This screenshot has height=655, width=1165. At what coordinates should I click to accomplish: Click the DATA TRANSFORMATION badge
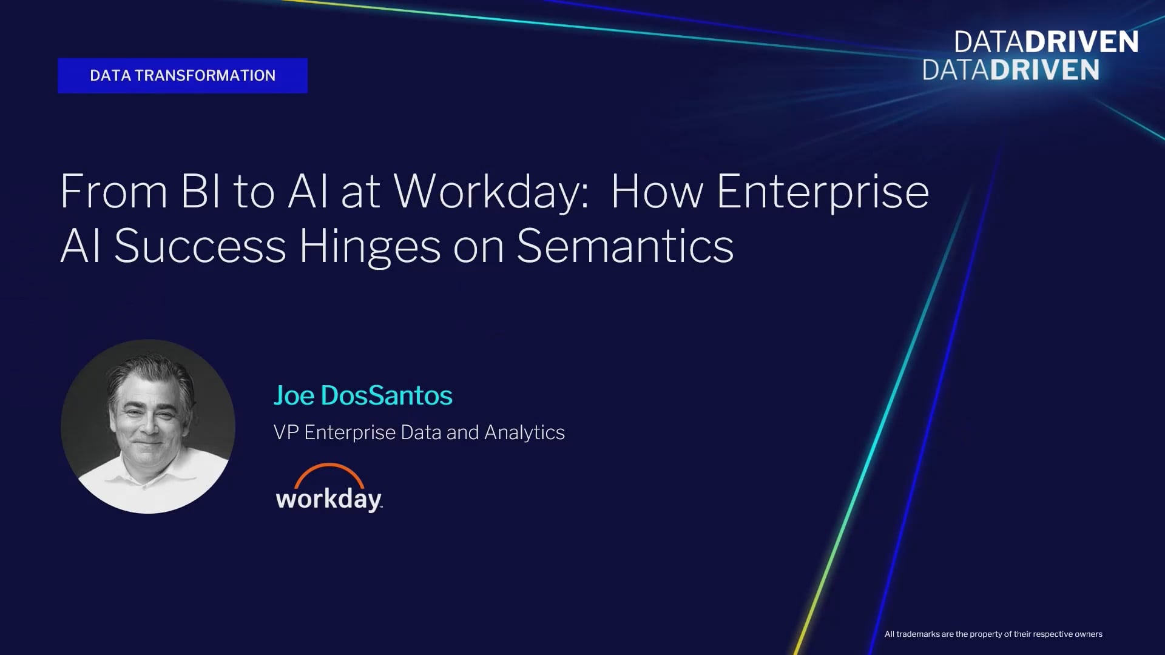pos(183,76)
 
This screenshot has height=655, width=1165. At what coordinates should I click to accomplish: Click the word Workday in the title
pos(491,192)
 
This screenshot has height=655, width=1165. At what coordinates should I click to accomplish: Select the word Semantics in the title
pos(625,246)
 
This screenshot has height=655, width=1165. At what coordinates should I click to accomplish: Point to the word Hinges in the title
pos(370,247)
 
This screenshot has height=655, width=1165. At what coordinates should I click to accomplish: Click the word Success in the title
pos(200,246)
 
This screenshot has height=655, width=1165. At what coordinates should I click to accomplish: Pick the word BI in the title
pos(201,192)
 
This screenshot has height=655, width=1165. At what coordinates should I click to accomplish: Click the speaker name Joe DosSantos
pos(363,395)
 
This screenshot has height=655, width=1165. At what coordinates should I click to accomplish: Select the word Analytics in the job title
pos(524,433)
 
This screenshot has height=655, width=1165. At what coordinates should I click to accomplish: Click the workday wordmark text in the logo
pos(329,499)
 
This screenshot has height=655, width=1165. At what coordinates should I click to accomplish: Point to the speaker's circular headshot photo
pos(148,426)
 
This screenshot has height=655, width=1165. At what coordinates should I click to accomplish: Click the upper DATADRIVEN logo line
pos(1046,42)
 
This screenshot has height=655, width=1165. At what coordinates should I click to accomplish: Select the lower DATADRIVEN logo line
pos(1011,70)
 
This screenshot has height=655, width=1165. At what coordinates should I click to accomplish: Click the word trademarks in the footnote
pos(917,634)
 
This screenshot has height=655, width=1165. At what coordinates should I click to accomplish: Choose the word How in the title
pos(657,192)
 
